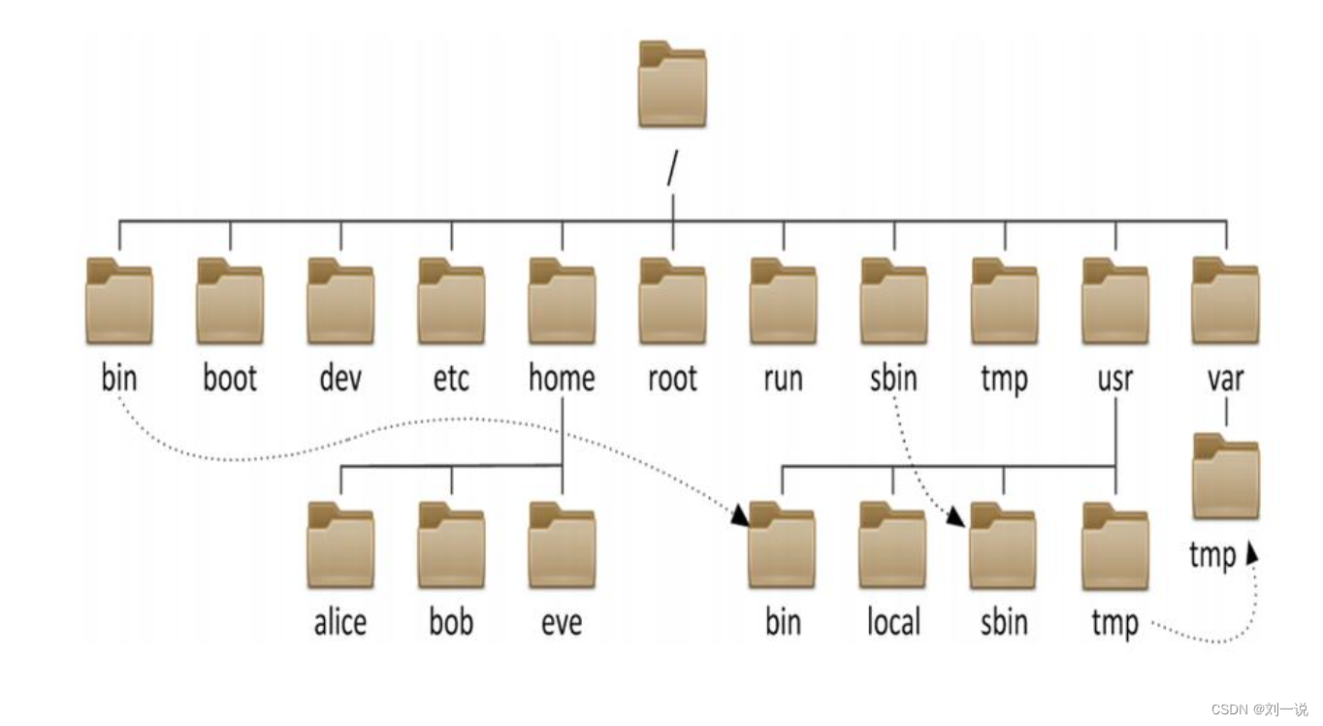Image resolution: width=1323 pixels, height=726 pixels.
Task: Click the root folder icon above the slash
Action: tap(672, 84)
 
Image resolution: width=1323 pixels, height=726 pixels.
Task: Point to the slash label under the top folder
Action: tap(672, 169)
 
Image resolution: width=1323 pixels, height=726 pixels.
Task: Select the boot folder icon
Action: tap(230, 301)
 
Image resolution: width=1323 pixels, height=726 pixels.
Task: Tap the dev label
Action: tap(340, 378)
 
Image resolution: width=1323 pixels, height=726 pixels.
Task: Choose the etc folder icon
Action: tap(451, 301)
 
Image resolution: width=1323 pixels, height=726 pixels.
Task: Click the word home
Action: tap(562, 378)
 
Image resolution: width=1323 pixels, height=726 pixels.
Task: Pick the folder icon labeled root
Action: tap(672, 301)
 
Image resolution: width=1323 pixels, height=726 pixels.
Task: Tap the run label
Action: tap(783, 378)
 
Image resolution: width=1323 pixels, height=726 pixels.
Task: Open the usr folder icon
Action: tap(1115, 301)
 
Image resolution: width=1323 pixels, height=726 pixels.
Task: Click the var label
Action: tap(1226, 378)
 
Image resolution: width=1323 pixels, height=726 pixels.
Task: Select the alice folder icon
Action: tap(340, 544)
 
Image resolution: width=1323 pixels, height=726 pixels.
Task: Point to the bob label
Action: tap(451, 621)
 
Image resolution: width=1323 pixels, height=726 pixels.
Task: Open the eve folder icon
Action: tap(562, 544)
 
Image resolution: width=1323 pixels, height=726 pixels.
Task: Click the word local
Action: tap(893, 621)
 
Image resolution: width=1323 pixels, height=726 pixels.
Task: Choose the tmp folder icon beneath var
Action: tap(1226, 477)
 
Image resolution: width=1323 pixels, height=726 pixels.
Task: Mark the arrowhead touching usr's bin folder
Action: tap(740, 515)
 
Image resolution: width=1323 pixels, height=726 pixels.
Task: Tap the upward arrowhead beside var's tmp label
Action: tap(1252, 551)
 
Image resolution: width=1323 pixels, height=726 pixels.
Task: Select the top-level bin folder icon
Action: tap(119, 301)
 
